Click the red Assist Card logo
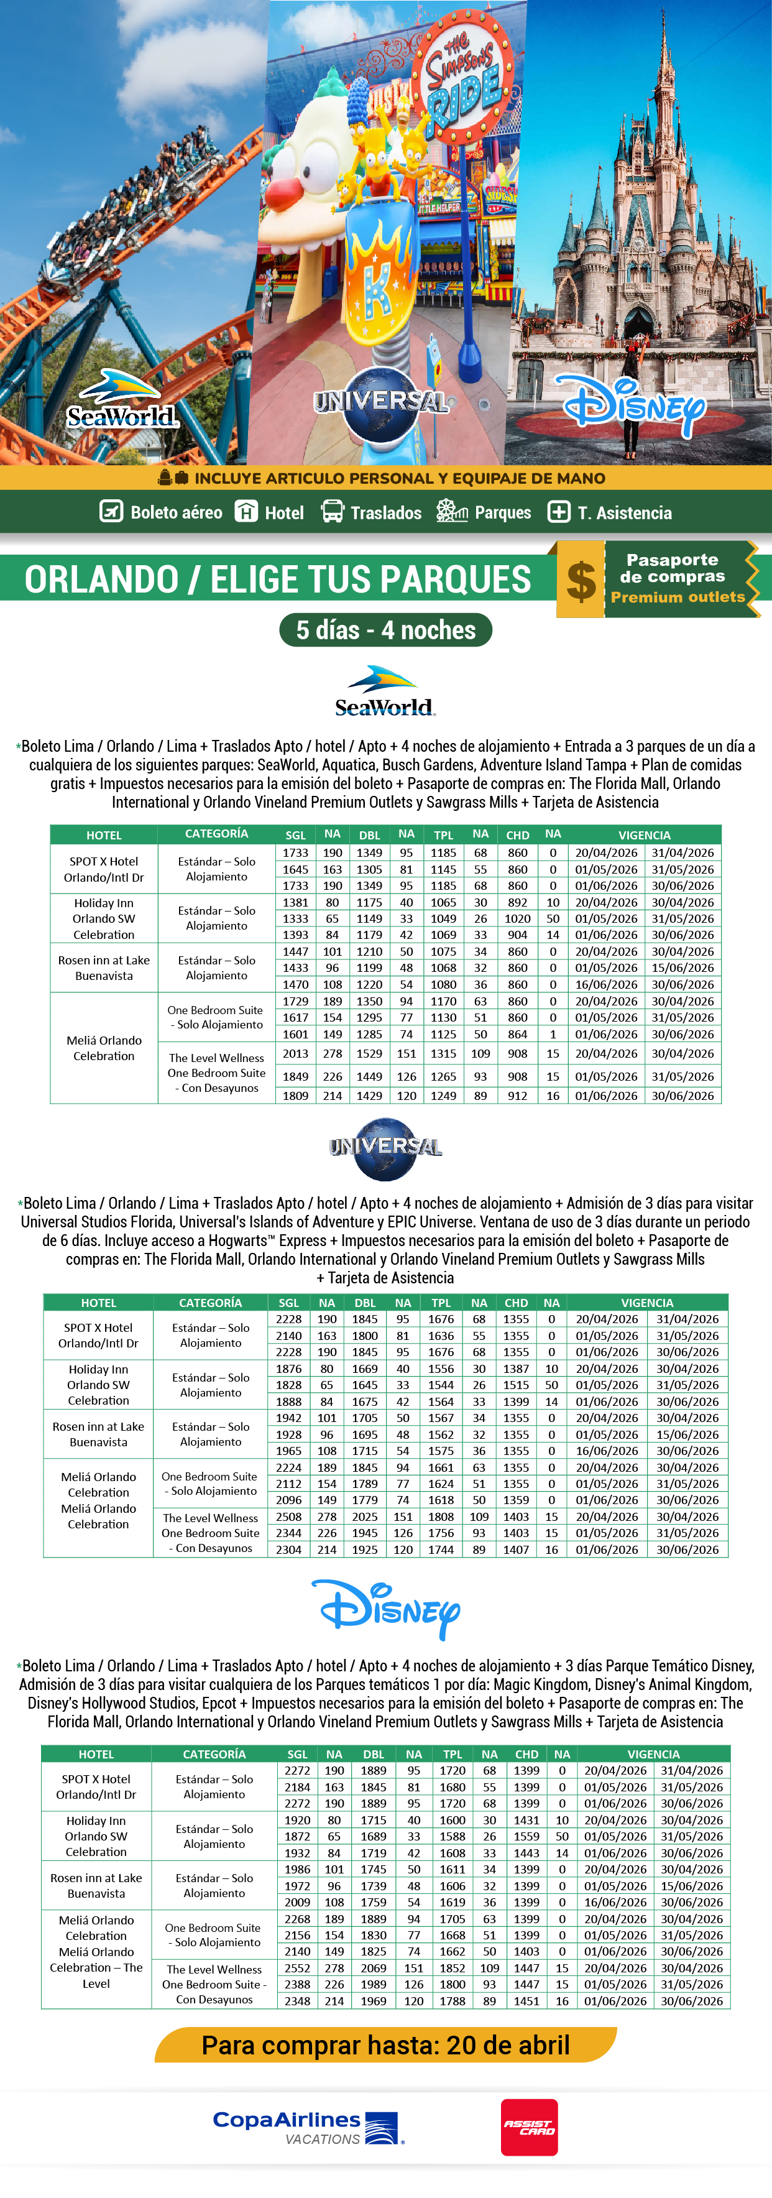tap(529, 2126)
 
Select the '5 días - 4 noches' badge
tap(385, 630)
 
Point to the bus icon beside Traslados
tap(332, 512)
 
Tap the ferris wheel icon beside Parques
tap(451, 512)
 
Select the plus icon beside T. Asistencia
tap(559, 512)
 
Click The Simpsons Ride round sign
tap(463, 77)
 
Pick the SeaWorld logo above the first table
tap(385, 691)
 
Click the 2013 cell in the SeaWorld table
tap(295, 1054)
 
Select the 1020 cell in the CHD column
tap(518, 919)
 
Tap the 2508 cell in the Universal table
tap(289, 1517)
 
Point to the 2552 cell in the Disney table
tap(297, 1967)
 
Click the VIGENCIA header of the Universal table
tap(646, 1303)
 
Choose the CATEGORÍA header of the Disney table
tap(214, 1754)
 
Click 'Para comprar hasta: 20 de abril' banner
tap(385, 2045)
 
